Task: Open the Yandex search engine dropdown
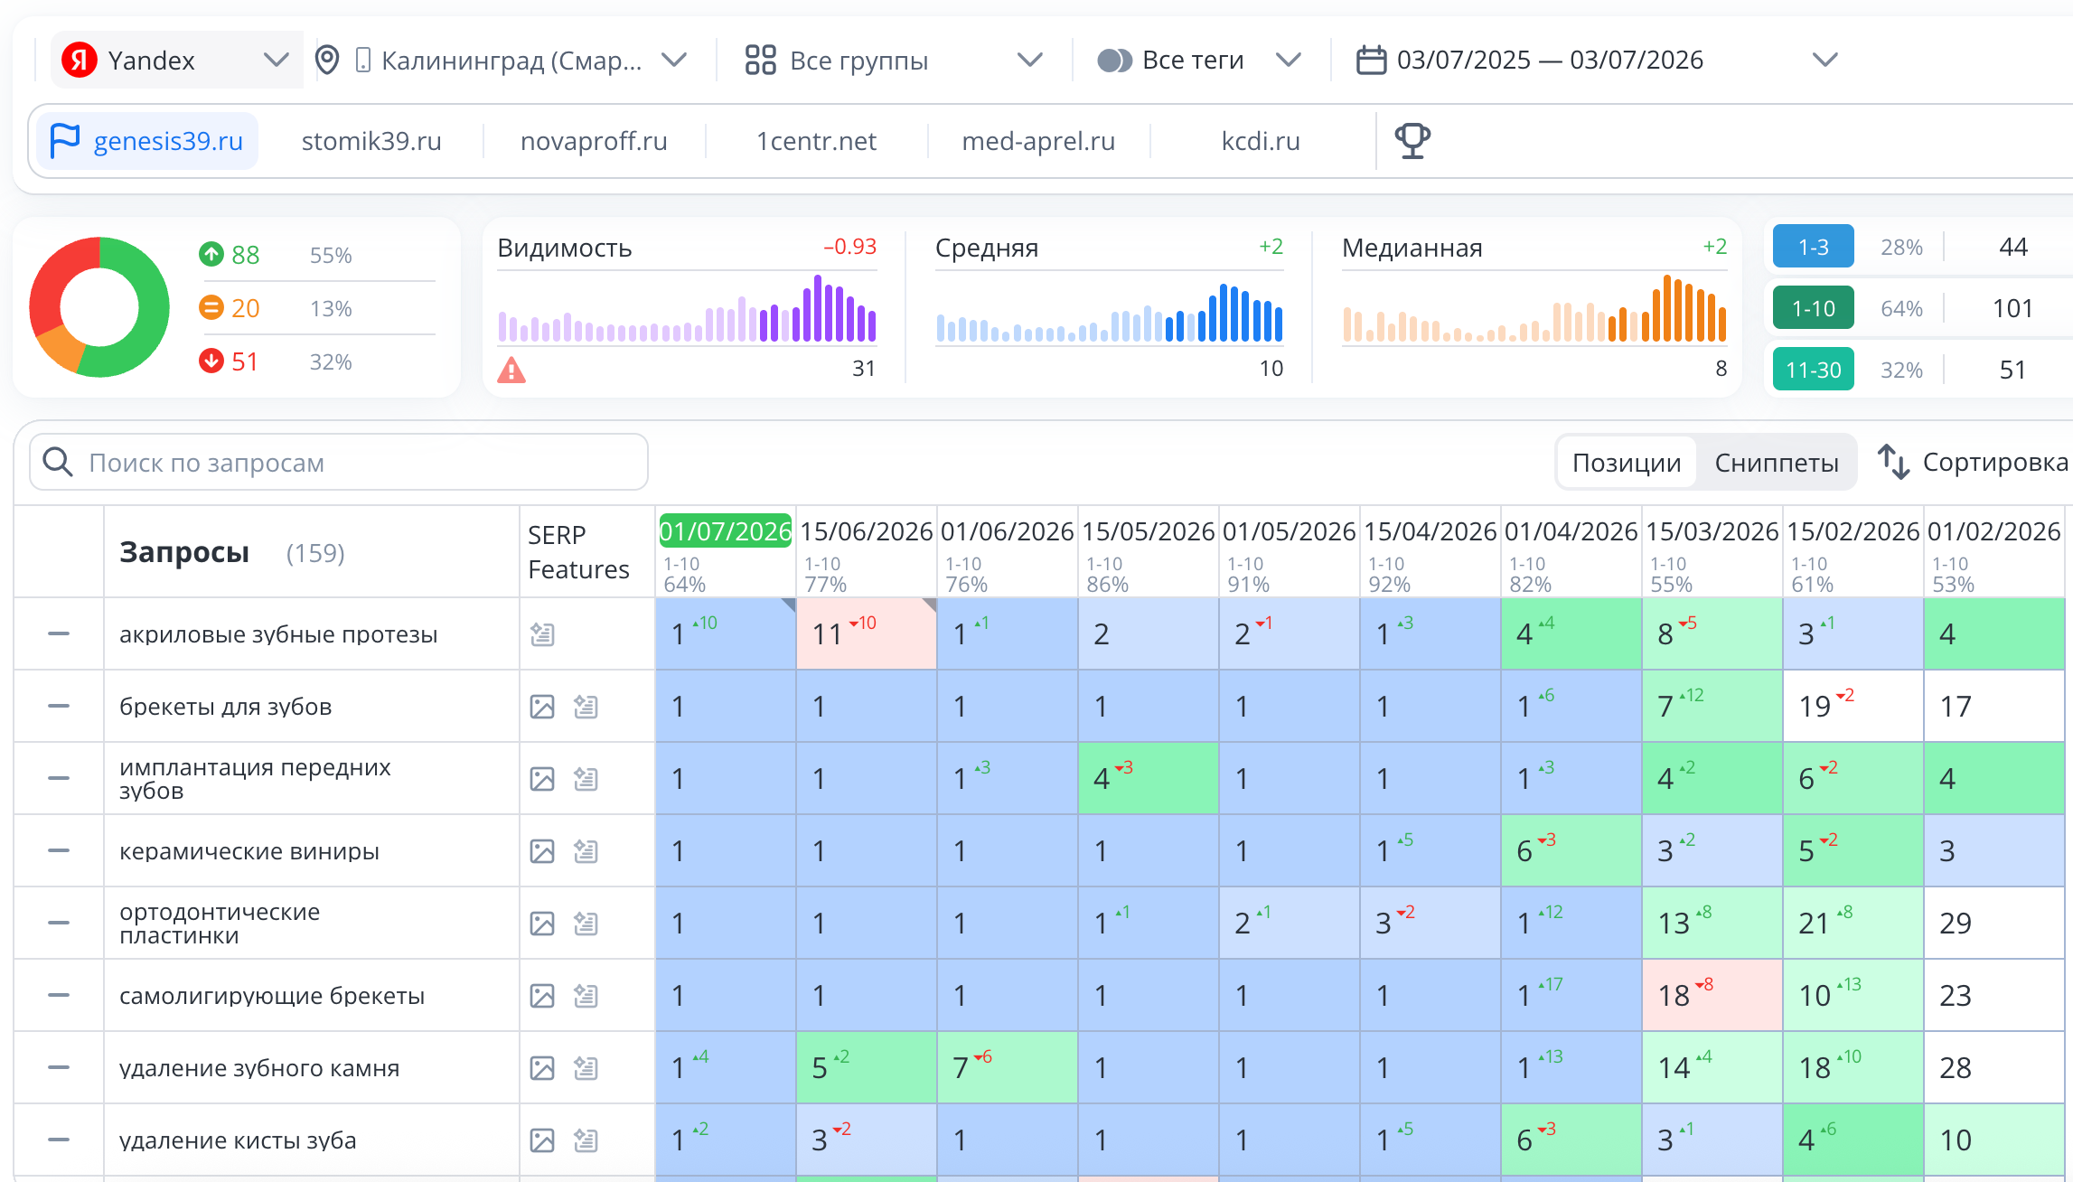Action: coord(176,61)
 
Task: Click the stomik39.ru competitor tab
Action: coord(371,141)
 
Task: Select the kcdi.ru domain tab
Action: coord(1261,141)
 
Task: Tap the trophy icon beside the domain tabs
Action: coord(1412,141)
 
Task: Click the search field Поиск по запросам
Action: coord(339,462)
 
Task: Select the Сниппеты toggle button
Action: coord(1777,463)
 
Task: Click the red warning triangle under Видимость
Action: coord(511,370)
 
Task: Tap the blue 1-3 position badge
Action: coord(1814,247)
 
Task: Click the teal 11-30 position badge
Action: coord(1814,370)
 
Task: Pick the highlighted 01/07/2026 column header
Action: coord(726,530)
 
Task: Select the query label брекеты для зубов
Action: coord(226,707)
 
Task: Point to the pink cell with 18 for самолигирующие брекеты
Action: coord(1712,995)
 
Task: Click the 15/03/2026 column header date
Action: coord(1712,531)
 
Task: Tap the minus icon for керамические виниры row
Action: coord(59,850)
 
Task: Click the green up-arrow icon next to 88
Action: coord(211,254)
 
